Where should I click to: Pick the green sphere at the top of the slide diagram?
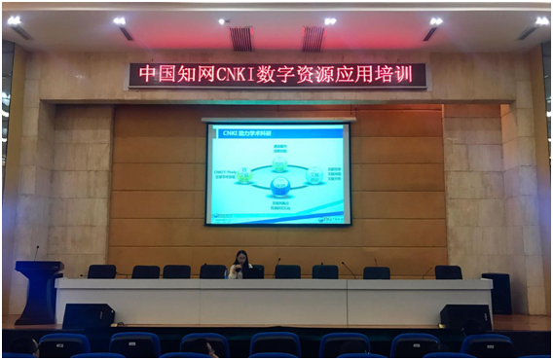pos(280,165)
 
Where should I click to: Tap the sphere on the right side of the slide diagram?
pos(314,176)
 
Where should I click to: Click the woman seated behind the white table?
pos(239,265)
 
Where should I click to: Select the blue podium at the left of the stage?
pos(38,290)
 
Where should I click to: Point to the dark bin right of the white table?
pos(498,293)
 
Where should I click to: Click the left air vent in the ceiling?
pos(241,38)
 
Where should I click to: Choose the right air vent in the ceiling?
pos(313,38)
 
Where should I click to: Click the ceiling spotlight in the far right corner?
pos(541,19)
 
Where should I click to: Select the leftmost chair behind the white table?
pos(101,271)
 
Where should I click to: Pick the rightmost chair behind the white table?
pos(448,272)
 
